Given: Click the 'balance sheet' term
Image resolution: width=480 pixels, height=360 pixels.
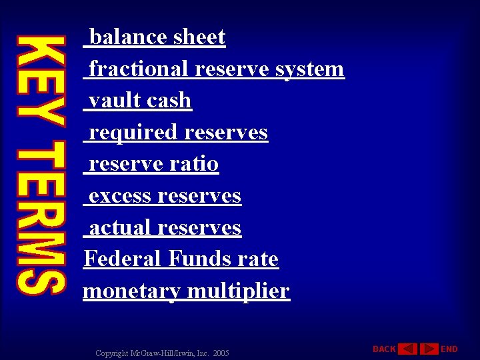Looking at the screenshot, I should [x=157, y=37].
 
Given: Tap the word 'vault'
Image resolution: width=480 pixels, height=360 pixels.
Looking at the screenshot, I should [x=115, y=101].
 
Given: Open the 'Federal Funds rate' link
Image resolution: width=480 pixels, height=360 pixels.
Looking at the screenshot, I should [x=181, y=259].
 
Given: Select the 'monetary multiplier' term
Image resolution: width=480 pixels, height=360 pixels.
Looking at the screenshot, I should [x=186, y=291].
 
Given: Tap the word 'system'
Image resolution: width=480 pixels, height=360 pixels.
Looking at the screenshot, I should [x=310, y=69].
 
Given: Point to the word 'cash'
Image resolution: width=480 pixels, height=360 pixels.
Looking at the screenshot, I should [x=169, y=101].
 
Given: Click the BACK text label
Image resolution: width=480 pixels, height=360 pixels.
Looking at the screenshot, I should [x=384, y=349].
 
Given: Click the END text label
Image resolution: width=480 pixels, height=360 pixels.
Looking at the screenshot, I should [x=450, y=349].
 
